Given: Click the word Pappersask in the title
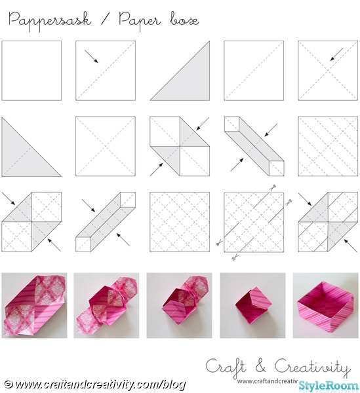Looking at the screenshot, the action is pos(50,20).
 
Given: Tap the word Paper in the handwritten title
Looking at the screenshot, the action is pos(140,21).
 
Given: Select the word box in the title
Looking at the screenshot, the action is pos(185,20).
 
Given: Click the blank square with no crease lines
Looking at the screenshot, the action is pos(31,71).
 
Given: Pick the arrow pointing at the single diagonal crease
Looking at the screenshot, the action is pos(91,56).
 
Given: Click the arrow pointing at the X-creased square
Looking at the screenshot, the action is pos(336,54).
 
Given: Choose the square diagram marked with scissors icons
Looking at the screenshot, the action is pos(254,222).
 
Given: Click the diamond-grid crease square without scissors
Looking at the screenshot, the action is pos(180,222).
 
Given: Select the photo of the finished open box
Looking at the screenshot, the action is pos(326,305).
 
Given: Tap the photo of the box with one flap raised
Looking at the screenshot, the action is pos(252,305).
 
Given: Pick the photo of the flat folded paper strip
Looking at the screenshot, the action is pos(34,305).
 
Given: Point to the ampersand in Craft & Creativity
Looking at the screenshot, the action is pos(260,366).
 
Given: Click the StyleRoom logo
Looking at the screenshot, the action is pos(329,386).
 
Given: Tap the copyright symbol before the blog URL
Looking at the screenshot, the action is pos(9,384).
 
